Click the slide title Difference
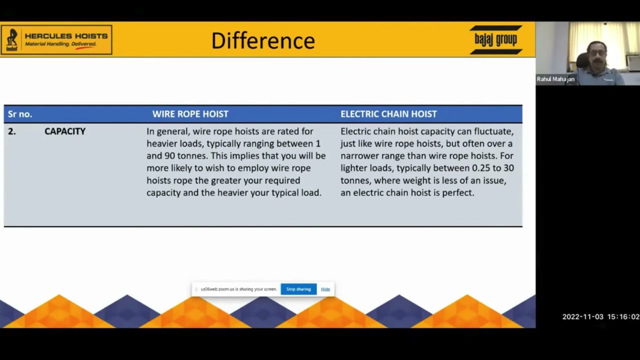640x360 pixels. [263, 40]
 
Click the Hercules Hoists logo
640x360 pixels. [56, 39]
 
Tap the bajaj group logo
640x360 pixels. [495, 39]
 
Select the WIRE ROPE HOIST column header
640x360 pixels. [190, 114]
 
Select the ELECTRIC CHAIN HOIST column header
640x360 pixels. [388, 114]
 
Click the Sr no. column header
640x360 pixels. [20, 114]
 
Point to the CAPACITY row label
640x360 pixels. [65, 131]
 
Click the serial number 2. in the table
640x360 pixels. [11, 131]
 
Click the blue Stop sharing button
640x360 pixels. [298, 289]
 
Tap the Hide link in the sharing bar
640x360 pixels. [325, 289]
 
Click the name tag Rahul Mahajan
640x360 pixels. [555, 79]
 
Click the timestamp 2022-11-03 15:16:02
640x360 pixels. [600, 317]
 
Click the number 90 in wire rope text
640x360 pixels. [169, 155]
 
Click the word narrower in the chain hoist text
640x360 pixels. [359, 155]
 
